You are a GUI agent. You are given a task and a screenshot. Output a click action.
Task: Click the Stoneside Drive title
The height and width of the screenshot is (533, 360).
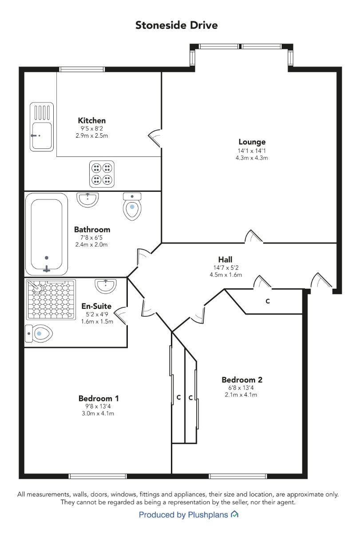[x=176, y=25]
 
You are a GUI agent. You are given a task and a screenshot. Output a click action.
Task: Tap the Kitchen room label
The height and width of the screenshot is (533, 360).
[x=92, y=120]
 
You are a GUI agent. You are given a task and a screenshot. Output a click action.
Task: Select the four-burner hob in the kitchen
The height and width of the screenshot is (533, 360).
[x=102, y=174]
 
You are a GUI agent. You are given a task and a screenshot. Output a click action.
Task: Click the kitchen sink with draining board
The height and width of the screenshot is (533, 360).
[x=42, y=127]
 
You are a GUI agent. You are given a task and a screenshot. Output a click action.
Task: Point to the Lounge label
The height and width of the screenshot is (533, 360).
[x=252, y=142]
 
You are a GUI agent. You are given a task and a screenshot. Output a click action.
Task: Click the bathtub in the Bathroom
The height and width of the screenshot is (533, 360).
[x=47, y=234]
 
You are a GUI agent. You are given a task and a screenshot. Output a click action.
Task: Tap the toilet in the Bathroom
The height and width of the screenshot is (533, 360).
[x=132, y=206]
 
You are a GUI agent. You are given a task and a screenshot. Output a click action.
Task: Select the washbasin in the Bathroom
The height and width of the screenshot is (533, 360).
[x=87, y=199]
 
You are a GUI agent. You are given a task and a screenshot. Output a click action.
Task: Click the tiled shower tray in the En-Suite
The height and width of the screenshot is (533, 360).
[x=51, y=299]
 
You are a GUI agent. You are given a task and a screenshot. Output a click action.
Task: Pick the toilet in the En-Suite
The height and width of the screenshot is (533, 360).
[x=39, y=334]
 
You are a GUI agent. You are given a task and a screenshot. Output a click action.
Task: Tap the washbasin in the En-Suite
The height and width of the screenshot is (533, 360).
[x=106, y=286]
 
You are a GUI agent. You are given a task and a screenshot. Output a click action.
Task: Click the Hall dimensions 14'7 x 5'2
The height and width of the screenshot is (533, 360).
[x=226, y=268]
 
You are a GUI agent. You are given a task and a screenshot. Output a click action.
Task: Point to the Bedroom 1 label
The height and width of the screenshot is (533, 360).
[x=99, y=398]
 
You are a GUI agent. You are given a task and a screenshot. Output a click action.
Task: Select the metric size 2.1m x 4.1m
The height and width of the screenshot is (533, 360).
[x=241, y=395]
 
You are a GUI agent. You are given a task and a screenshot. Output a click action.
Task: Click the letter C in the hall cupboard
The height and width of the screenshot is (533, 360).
[x=268, y=301]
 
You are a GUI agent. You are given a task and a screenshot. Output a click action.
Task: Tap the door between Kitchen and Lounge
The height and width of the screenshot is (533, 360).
[x=155, y=138]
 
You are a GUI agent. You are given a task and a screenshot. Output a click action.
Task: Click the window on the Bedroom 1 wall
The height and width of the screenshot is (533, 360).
[x=98, y=476]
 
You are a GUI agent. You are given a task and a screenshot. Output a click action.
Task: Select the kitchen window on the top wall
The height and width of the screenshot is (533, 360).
[x=82, y=69]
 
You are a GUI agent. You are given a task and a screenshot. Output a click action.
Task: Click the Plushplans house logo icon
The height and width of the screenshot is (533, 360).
[x=234, y=514]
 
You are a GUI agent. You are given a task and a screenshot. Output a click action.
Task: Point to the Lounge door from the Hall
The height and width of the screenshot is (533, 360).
[x=254, y=236]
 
